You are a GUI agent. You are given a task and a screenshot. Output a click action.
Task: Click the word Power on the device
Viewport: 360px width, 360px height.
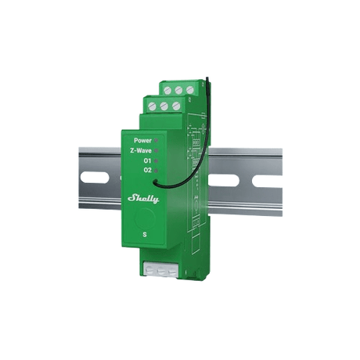click(142, 140)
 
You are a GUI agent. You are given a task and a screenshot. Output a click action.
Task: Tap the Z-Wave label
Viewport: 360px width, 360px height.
click(141, 150)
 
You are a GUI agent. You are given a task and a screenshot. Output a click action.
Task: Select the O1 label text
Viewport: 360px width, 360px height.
click(147, 160)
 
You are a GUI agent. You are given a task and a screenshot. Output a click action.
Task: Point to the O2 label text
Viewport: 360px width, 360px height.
click(147, 171)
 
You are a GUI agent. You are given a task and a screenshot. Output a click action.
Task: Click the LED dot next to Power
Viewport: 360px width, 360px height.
click(157, 140)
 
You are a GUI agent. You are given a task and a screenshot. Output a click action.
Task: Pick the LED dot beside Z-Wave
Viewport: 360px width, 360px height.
click(157, 150)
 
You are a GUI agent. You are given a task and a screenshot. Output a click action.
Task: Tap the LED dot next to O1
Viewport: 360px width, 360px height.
click(157, 160)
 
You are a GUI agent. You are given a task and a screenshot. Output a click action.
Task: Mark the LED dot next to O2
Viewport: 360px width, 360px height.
click(157, 171)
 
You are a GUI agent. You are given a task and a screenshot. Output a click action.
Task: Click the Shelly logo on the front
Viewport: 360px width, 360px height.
click(143, 199)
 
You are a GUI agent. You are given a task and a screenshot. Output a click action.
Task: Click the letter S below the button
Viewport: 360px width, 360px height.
click(145, 235)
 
